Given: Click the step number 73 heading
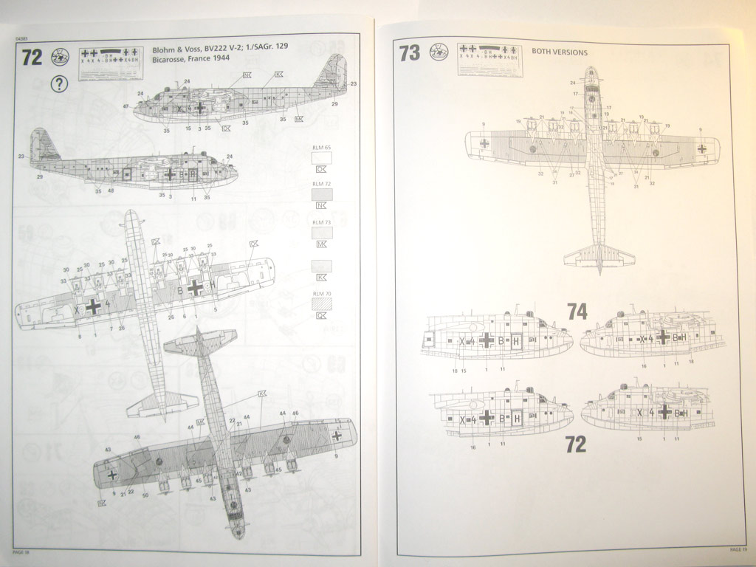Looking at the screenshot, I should tap(409, 53).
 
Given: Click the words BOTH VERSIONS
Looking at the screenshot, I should tap(560, 52).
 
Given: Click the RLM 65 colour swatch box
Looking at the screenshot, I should tap(322, 157).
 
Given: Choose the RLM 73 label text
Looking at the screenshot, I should tap(321, 221).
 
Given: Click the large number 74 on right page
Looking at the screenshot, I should tap(577, 312).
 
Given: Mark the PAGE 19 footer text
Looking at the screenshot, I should tap(738, 549).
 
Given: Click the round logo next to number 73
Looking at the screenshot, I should tap(439, 51).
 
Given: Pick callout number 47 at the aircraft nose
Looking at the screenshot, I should tap(126, 107).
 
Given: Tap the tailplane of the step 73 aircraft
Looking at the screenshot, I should tap(599, 255).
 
